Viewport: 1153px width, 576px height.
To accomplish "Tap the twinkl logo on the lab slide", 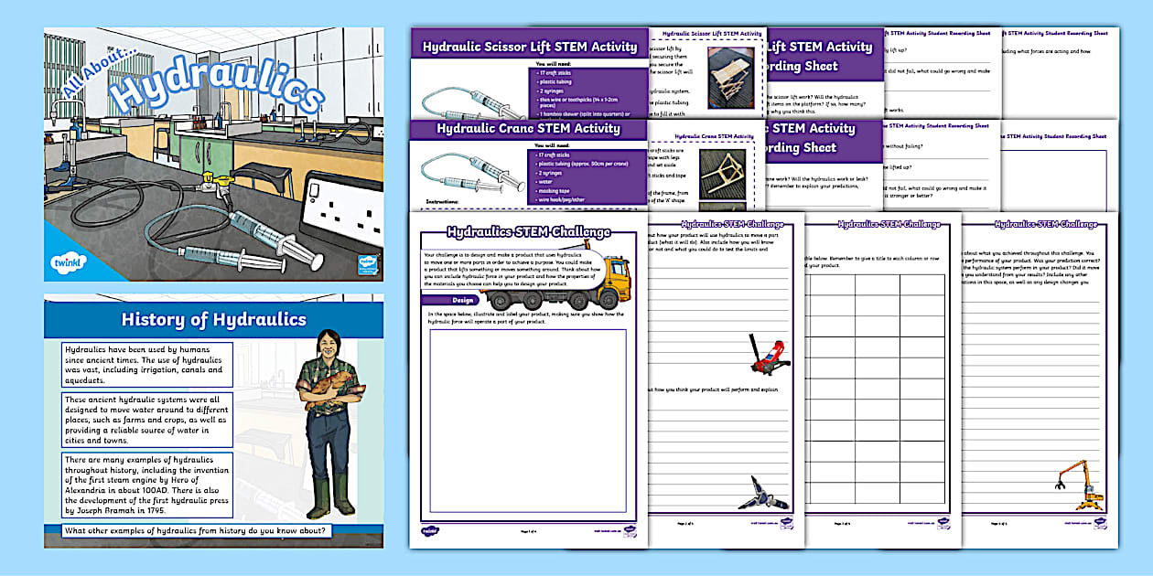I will point(68,262).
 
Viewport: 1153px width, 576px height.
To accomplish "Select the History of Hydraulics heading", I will point(213,319).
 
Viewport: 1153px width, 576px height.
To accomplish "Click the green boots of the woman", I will point(330,496).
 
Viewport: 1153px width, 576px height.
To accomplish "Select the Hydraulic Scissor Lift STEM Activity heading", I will point(529,47).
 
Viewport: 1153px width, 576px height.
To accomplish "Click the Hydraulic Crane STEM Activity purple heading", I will point(529,129).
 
